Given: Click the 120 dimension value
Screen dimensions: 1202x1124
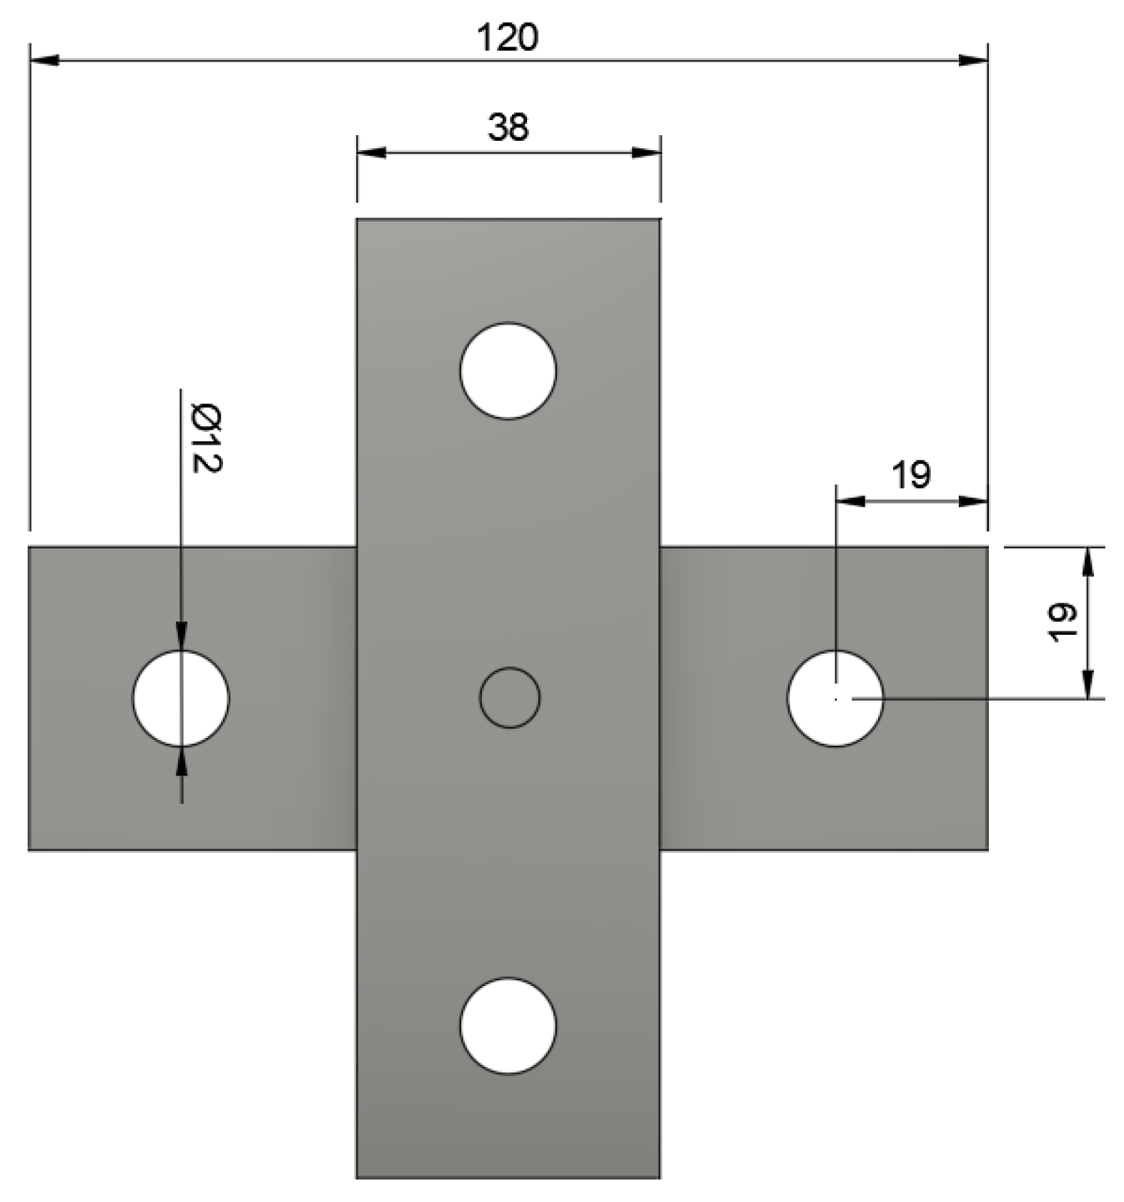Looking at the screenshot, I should coord(507,37).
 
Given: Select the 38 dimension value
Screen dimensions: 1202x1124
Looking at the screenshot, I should coord(508,127).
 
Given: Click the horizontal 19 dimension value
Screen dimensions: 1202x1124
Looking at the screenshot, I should coord(911,475).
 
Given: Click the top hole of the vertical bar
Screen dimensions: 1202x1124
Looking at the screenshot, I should coord(508,370).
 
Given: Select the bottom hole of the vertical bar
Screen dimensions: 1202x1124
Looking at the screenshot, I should coord(508,1025).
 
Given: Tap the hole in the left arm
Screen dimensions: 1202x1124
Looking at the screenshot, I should coord(181,698).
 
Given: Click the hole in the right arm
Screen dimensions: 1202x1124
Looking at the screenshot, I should coord(835,698).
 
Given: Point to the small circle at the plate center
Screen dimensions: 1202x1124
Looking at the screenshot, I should coord(509,697).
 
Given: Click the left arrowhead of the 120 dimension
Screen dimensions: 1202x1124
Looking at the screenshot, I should coord(44,61).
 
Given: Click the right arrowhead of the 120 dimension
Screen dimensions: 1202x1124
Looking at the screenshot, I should coord(974,61).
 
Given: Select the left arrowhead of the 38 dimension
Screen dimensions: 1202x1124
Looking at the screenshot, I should coord(371,152).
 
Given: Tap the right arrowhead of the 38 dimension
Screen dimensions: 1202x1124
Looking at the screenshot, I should coord(646,152).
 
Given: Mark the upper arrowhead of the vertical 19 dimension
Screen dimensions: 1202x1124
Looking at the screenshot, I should coord(1088,562).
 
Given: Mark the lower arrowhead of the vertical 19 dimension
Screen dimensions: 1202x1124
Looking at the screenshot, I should coord(1088,684).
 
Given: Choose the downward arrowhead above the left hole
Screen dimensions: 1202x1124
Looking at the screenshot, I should coord(182,636).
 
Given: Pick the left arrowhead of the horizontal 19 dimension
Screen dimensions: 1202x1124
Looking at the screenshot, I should coord(850,501).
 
